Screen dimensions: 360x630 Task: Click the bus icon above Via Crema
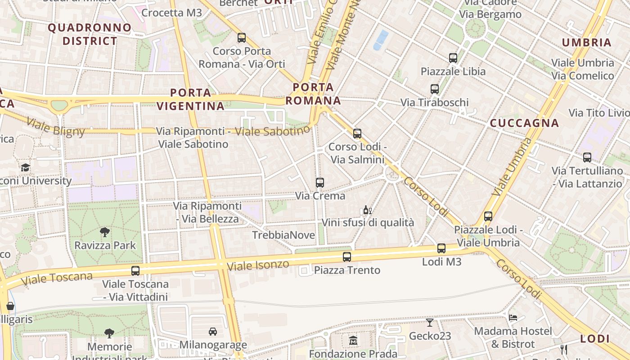(320, 183)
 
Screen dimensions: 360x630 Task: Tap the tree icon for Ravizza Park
(105, 232)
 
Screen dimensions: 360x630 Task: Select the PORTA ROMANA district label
(313, 94)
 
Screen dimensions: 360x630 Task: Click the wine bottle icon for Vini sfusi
(367, 210)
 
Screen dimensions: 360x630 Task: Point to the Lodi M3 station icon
(441, 248)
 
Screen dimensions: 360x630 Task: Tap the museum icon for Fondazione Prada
(353, 340)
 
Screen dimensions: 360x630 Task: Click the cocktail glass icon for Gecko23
(430, 322)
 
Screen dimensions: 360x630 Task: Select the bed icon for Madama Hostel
(513, 318)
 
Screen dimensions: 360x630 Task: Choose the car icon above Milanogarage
(213, 332)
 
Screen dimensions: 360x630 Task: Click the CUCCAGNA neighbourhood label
(524, 123)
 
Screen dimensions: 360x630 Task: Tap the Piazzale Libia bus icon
(453, 58)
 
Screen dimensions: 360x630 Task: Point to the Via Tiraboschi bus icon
(434, 89)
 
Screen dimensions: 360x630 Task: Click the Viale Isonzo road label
(257, 265)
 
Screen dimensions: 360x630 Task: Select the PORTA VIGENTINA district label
(191, 99)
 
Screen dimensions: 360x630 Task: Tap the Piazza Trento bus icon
(346, 257)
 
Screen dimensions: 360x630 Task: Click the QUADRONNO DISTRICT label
(90, 34)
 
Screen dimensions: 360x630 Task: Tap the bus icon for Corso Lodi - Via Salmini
(357, 134)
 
